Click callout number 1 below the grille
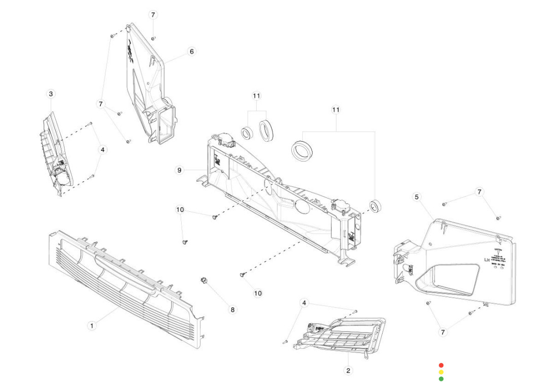click(91, 325)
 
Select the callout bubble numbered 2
click(348, 370)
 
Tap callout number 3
click(51, 94)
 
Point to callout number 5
click(417, 197)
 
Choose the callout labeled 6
click(191, 51)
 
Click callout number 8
click(233, 309)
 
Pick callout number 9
click(179, 170)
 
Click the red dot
click(441, 365)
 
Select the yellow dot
click(441, 372)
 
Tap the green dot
click(441, 379)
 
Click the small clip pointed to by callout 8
click(205, 281)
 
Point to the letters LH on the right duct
click(488, 261)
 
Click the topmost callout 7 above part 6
click(153, 15)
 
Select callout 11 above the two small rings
click(257, 95)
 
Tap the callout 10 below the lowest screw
click(258, 293)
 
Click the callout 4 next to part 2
click(304, 303)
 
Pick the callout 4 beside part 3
click(103, 150)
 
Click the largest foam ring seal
click(302, 151)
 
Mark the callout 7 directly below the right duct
click(443, 332)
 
